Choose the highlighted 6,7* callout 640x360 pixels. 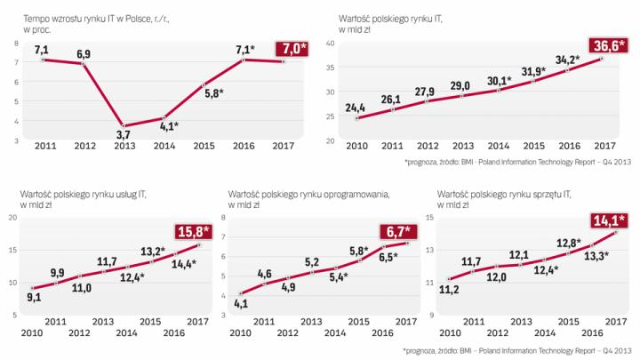[x=393, y=233]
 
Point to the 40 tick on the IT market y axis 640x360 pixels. [x=331, y=43]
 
